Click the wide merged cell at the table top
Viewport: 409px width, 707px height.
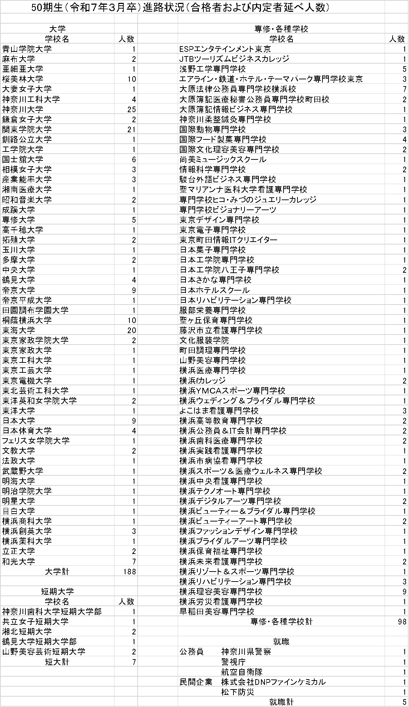coord(192,7)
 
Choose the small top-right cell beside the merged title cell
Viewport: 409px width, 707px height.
coord(396,7)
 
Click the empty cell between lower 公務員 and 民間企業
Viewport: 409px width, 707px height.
coord(281,682)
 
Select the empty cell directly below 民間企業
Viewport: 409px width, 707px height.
coord(281,701)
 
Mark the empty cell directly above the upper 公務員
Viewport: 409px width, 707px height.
coord(281,652)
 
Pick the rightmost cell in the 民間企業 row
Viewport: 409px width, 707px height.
coord(396,692)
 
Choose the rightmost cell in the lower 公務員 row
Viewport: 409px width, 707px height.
coord(396,672)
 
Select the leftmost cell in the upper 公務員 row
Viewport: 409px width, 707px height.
coord(57,662)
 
